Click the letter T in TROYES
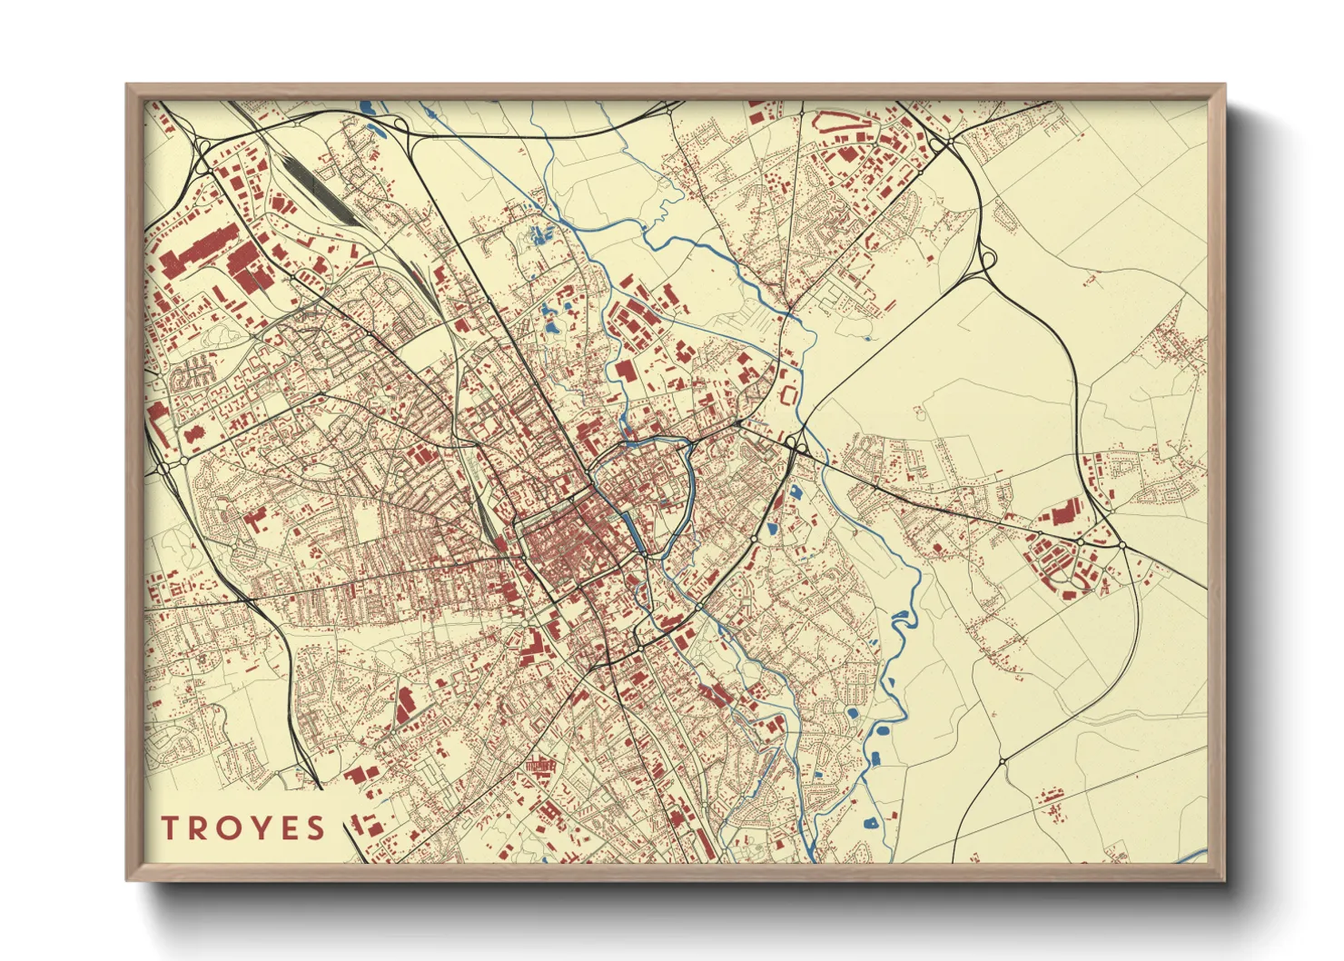click(x=170, y=827)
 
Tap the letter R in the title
click(x=200, y=827)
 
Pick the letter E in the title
click(x=287, y=827)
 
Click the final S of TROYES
click(x=315, y=827)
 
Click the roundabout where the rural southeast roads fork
click(x=1002, y=760)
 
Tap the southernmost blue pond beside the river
click(x=871, y=823)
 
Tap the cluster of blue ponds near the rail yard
click(x=542, y=234)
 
